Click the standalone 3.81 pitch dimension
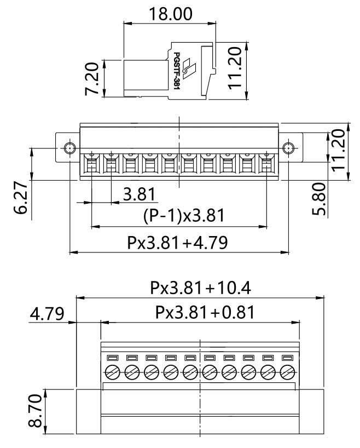click(138, 194)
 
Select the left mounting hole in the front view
click(69, 148)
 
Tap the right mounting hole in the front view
click(289, 148)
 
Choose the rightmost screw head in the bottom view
click(288, 373)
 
